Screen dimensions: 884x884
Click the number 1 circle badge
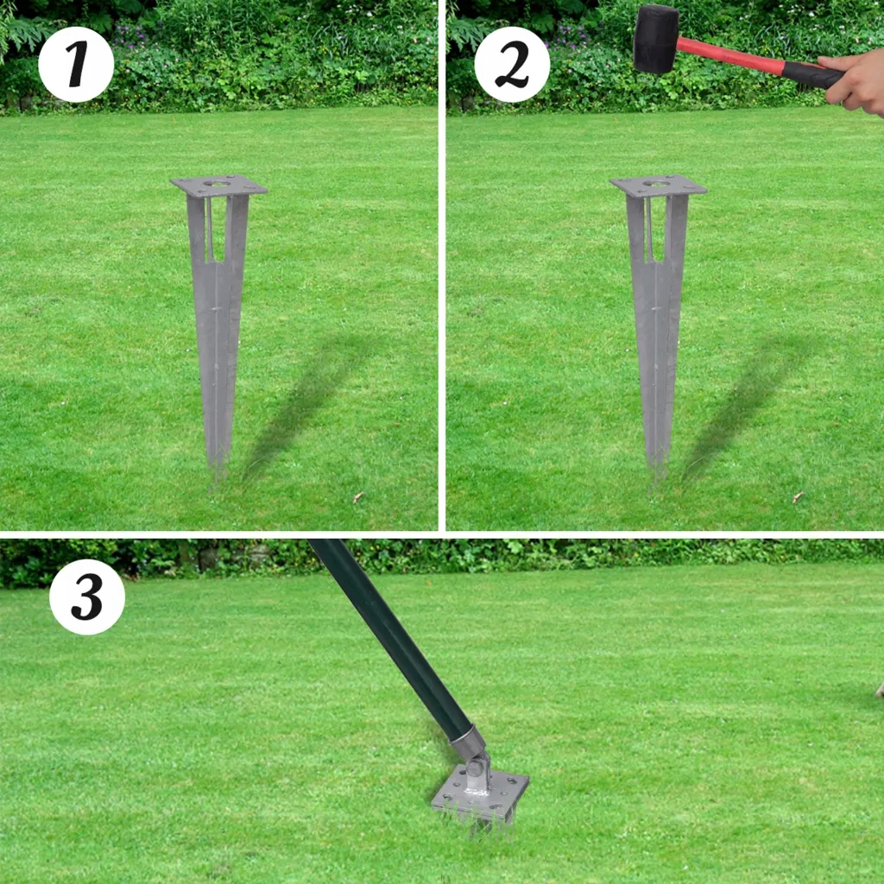pos(76,64)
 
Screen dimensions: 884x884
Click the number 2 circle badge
pos(512,64)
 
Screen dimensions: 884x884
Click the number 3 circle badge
pos(87,597)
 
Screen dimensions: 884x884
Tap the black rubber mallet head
pos(656,40)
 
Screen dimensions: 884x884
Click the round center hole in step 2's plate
pos(656,183)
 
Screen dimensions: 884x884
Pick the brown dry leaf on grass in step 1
pos(357,497)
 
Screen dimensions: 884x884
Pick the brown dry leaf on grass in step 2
pos(797,497)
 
